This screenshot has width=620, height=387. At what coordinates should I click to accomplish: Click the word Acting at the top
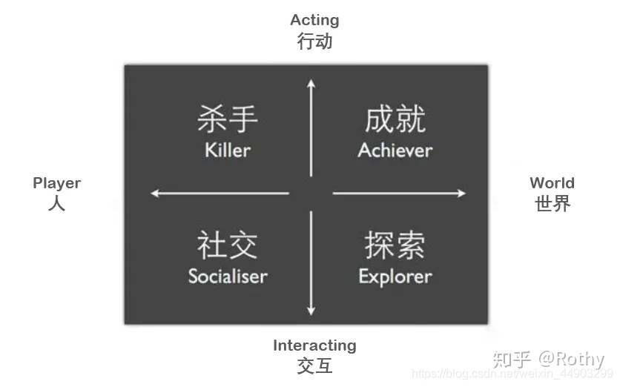pyautogui.click(x=314, y=20)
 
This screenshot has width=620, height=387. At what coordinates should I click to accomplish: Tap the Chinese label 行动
pyautogui.click(x=314, y=41)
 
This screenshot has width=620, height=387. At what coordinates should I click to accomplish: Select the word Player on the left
pyautogui.click(x=56, y=183)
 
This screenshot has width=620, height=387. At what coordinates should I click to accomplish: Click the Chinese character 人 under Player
pyautogui.click(x=56, y=203)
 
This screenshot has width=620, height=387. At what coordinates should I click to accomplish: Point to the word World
pyautogui.click(x=552, y=183)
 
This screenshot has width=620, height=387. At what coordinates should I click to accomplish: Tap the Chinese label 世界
pyautogui.click(x=553, y=203)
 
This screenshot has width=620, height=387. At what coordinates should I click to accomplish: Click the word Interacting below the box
pyautogui.click(x=314, y=345)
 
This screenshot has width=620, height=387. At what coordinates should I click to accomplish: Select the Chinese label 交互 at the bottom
pyautogui.click(x=314, y=365)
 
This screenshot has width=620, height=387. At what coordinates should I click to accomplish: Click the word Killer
pyautogui.click(x=228, y=150)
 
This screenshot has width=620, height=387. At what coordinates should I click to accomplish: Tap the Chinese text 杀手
pyautogui.click(x=228, y=119)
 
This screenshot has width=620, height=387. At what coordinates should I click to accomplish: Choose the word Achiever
pyautogui.click(x=395, y=150)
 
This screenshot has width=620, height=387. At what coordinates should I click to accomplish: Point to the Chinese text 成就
pyautogui.click(x=395, y=119)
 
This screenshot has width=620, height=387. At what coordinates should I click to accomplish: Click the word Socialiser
pyautogui.click(x=228, y=277)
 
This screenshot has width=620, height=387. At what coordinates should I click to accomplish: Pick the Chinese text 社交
pyautogui.click(x=228, y=245)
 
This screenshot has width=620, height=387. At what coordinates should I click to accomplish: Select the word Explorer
pyautogui.click(x=395, y=277)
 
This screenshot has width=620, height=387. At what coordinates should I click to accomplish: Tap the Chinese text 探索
pyautogui.click(x=395, y=245)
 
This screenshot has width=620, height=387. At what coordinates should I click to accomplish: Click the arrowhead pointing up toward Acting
pyautogui.click(x=311, y=82)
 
